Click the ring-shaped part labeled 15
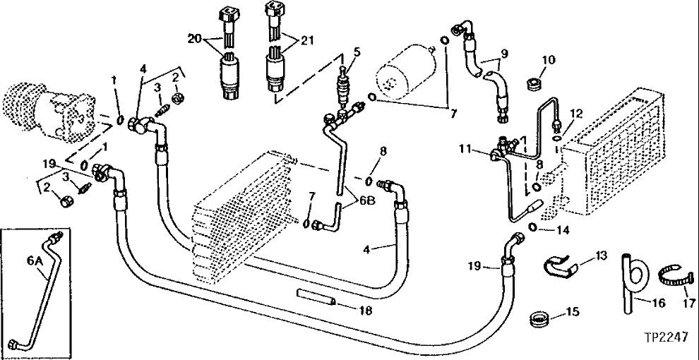point(540,320)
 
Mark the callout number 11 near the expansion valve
point(462,148)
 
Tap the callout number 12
point(577,114)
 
